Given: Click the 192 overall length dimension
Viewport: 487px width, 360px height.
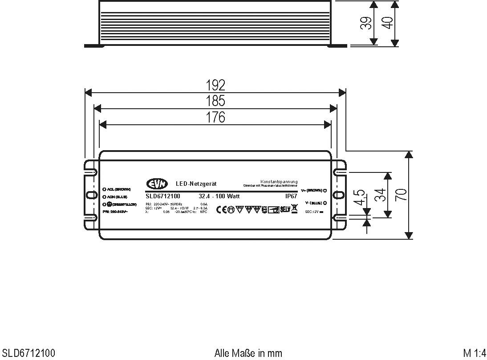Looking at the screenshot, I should tap(215, 85).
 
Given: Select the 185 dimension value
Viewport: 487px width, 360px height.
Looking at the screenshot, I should tap(215, 101).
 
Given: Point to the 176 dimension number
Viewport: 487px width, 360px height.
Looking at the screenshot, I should tap(215, 117).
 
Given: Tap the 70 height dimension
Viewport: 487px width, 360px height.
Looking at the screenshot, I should tap(401, 195).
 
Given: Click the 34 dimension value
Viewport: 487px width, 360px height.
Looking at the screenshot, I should tap(380, 195).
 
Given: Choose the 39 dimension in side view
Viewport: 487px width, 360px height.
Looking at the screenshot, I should tap(365, 23).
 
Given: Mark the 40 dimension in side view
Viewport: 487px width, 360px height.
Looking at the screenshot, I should tap(387, 23).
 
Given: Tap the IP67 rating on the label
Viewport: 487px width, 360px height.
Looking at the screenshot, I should tap(291, 196).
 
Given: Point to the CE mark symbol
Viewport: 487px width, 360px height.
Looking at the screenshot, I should tap(221, 209).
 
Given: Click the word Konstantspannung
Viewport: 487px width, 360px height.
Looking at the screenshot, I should tap(279, 182).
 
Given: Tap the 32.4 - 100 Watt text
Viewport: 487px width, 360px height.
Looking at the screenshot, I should tap(219, 196).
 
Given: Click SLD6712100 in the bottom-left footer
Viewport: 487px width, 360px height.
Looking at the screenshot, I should tap(28, 353).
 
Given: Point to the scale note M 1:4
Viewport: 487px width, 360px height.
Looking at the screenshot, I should tap(474, 353).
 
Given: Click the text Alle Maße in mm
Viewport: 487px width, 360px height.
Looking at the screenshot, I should tap(248, 353).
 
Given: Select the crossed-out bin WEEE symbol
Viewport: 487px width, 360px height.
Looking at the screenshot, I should tap(294, 209).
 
